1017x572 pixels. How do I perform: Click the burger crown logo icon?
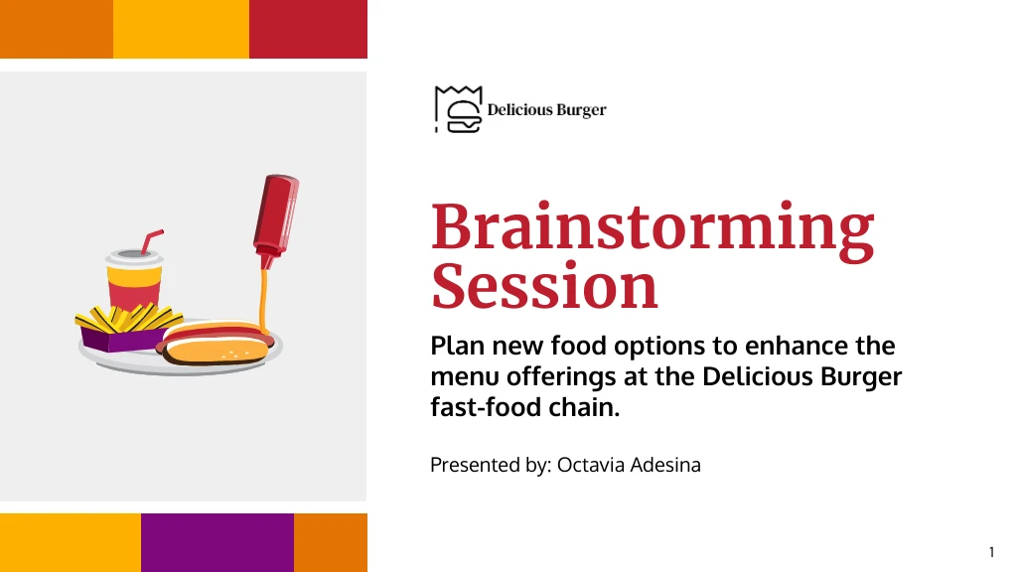459,109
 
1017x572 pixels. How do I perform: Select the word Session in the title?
545,287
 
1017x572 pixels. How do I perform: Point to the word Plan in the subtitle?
457,346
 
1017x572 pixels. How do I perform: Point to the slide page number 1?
991,552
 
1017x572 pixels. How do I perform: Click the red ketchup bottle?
276,220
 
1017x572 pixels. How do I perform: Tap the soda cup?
134,280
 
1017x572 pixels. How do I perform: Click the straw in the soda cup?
152,241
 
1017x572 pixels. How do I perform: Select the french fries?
128,318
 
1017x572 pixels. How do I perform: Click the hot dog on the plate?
216,342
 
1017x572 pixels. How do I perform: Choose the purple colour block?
218,543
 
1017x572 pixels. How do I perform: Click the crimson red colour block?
308,29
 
